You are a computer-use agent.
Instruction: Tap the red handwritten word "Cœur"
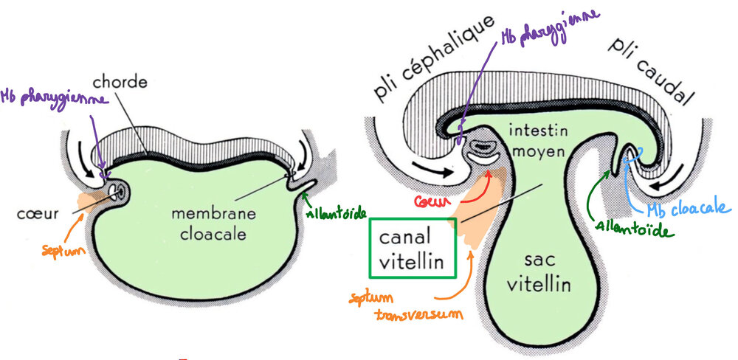click(434, 201)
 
